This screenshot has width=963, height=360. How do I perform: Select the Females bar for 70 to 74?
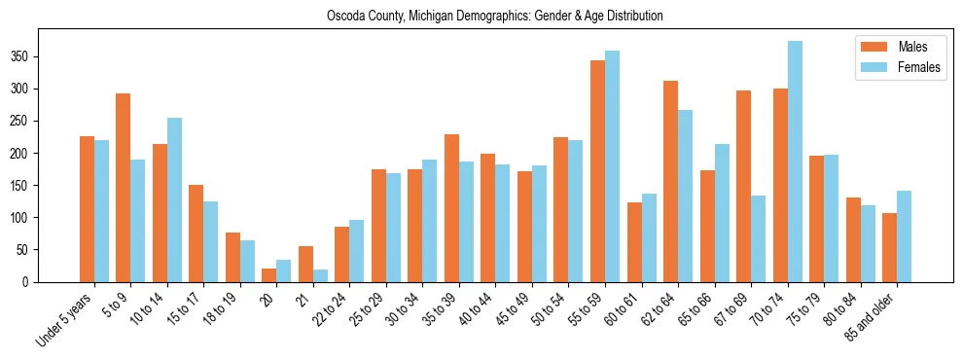(795, 162)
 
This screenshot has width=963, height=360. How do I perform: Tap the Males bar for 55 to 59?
(597, 171)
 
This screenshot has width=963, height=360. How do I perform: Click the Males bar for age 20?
(269, 275)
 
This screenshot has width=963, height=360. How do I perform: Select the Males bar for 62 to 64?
(670, 181)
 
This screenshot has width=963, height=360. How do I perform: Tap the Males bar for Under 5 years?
(87, 209)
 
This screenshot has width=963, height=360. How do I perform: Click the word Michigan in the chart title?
(445, 16)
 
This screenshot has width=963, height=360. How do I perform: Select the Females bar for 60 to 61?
(649, 237)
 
